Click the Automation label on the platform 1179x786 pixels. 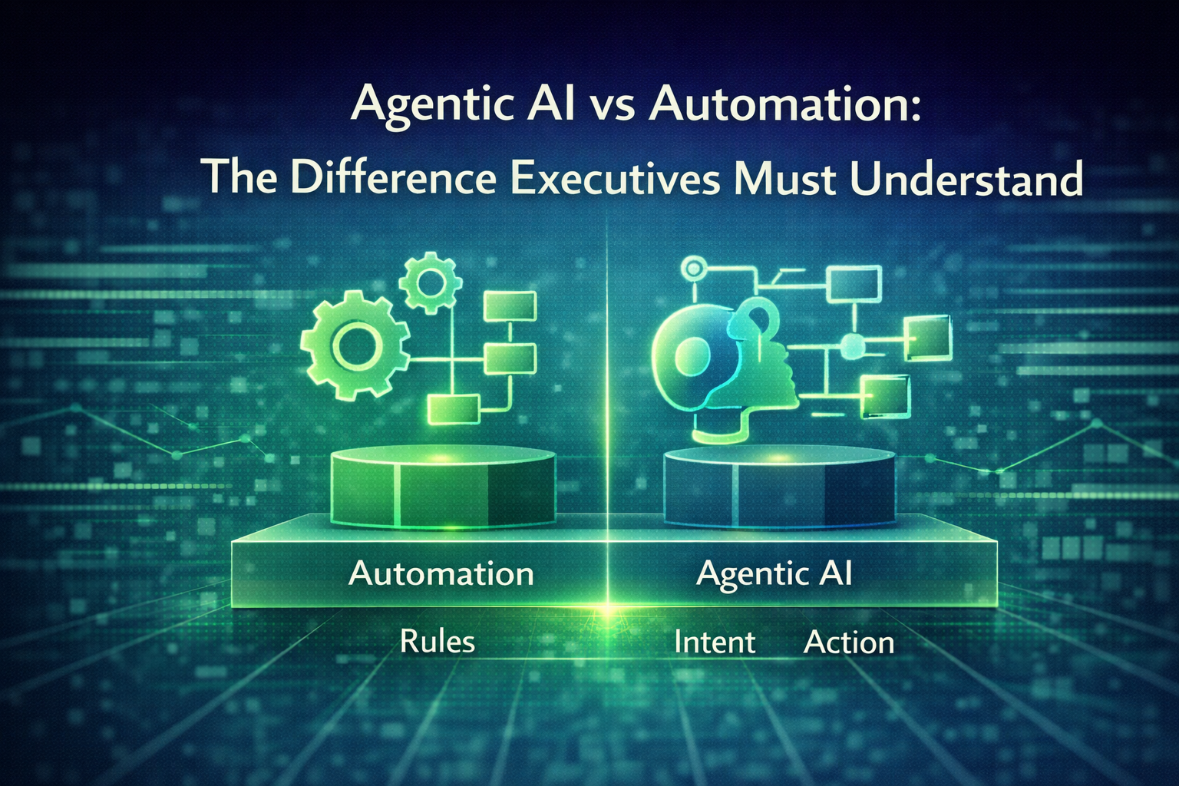click(441, 573)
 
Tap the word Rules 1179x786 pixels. click(437, 642)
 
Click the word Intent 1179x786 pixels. click(715, 642)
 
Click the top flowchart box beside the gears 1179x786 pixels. click(510, 306)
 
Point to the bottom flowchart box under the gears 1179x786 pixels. click(454, 408)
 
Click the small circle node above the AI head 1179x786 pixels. click(694, 269)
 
